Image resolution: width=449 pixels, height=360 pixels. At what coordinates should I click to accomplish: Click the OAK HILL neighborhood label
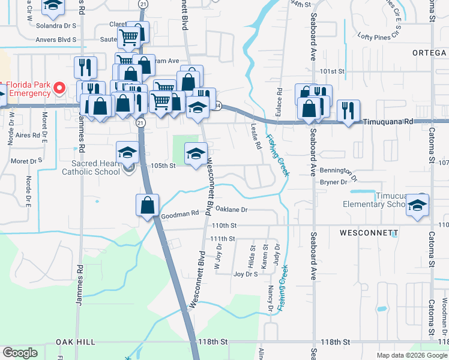tap(76, 341)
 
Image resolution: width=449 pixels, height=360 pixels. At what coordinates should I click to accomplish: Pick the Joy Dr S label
tap(245, 274)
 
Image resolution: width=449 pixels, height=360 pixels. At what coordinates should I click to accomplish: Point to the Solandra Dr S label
tap(56, 26)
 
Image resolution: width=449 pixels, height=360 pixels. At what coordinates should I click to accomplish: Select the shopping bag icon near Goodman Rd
tap(148, 206)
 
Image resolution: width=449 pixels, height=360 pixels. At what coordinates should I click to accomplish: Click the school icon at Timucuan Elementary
tap(415, 206)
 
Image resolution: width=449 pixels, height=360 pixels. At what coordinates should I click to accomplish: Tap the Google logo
tap(20, 353)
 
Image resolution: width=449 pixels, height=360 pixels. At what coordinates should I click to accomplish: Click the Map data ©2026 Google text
tap(412, 355)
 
